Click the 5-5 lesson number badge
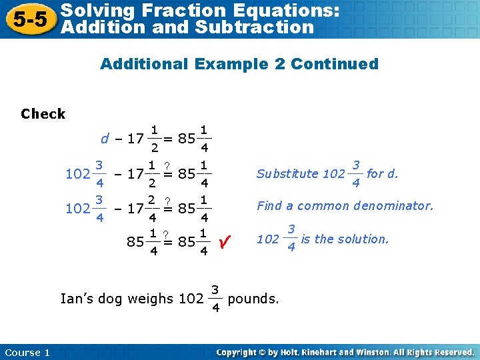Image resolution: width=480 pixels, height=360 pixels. (28, 19)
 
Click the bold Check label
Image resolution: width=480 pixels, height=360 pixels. (43, 113)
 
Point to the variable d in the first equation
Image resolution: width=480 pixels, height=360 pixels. (105, 139)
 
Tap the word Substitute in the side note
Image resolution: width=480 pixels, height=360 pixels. (287, 173)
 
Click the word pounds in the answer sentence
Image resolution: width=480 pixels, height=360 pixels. (253, 299)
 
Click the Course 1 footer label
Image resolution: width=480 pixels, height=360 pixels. (27, 353)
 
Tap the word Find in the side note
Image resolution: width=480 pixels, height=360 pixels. (269, 206)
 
